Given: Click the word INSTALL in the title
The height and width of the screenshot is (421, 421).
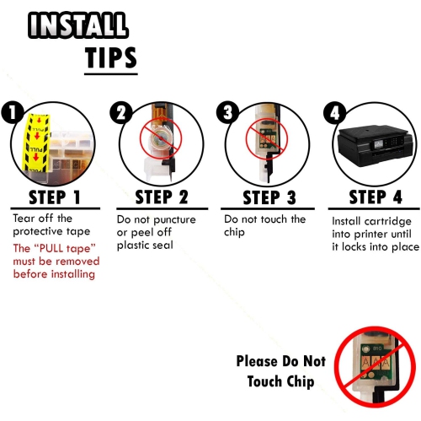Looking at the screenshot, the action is click(78, 25).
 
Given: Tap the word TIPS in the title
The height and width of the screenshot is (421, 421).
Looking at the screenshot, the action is click(111, 57).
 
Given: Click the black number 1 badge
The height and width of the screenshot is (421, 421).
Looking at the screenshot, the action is click(12, 112).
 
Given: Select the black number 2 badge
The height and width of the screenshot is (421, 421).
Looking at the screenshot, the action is click(120, 112).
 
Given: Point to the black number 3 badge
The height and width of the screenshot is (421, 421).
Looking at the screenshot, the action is click(227, 112).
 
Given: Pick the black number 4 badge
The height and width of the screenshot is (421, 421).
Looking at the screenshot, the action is click(334, 112).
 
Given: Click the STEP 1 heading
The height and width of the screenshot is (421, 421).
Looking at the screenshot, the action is click(55, 197).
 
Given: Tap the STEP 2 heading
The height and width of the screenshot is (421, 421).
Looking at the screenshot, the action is click(162, 197).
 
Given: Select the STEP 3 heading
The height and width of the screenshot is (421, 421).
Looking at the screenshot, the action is click(269, 197).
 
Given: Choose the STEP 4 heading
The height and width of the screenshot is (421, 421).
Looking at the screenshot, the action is click(376, 197).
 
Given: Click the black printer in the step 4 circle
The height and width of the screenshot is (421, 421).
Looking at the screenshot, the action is click(376, 147).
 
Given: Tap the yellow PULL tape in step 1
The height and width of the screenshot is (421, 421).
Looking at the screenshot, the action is click(36, 143).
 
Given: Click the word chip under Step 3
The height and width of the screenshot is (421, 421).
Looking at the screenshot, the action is click(234, 232).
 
